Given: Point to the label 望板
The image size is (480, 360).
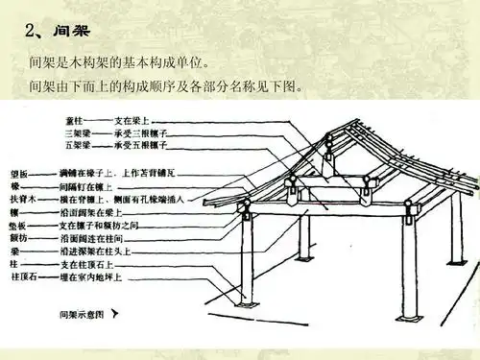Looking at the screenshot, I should coord(43,169).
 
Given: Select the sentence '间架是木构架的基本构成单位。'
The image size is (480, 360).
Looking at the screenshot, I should coord(119,66).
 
